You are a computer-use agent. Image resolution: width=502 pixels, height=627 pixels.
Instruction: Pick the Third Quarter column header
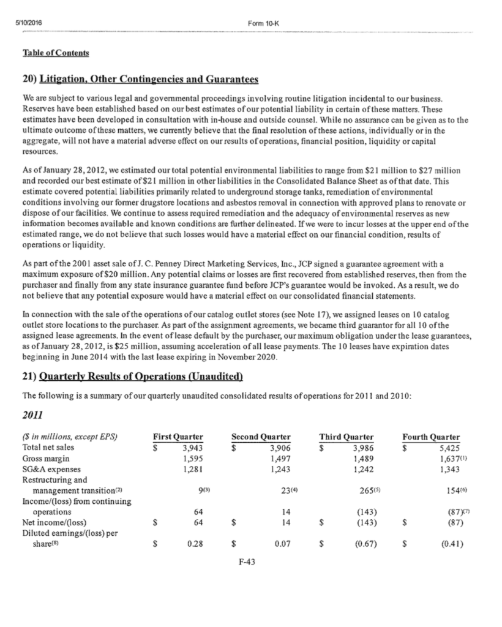[347, 437]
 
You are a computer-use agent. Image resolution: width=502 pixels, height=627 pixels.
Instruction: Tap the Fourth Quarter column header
[431, 437]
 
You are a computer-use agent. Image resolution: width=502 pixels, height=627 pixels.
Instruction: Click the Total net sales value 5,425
[449, 447]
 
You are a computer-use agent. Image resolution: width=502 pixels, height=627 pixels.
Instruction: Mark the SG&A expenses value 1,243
[279, 469]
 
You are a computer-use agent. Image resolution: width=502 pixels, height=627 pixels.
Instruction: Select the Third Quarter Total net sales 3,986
[362, 447]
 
